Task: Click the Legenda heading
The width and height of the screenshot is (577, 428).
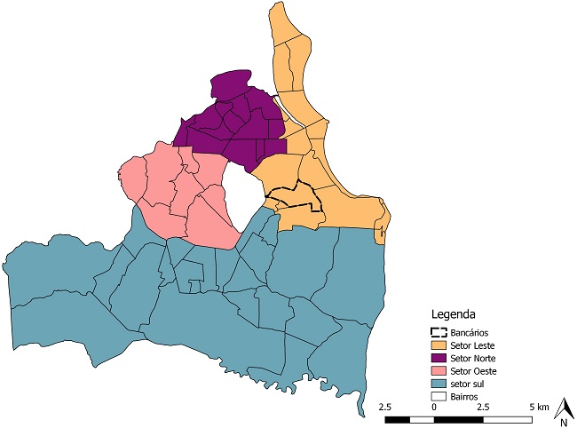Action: click(454, 313)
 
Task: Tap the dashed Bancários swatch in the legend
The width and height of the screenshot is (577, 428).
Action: click(439, 331)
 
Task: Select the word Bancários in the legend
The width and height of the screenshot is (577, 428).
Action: click(470, 331)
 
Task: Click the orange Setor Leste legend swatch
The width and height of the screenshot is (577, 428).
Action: click(439, 345)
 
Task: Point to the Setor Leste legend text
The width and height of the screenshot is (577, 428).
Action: click(473, 345)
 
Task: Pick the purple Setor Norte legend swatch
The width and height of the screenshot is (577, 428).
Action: click(439, 357)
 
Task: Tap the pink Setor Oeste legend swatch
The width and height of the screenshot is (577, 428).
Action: click(439, 369)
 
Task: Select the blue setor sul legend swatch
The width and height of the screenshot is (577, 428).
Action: click(439, 382)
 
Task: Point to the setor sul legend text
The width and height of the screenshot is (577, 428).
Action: click(469, 382)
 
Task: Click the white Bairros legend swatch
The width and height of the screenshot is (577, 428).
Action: click(439, 394)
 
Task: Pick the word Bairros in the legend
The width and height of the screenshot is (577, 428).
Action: click(466, 394)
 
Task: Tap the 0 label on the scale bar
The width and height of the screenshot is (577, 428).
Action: click(433, 406)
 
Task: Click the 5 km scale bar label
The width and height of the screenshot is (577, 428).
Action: click(539, 406)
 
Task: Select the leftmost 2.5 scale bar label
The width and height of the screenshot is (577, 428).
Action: click(385, 406)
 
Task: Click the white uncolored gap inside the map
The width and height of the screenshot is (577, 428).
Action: click(242, 195)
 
